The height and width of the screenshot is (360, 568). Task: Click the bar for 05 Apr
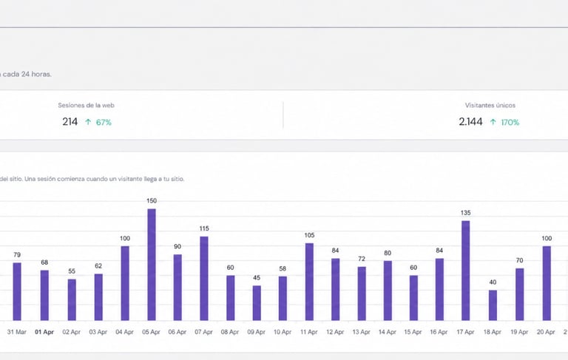[x=152, y=265]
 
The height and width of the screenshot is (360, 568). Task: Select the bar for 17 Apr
[x=466, y=271]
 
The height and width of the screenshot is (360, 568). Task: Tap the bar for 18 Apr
[x=493, y=305]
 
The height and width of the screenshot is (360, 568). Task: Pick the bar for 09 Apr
[x=257, y=302]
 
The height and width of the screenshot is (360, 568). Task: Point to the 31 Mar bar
[x=17, y=291]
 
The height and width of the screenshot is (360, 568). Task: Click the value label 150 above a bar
[x=152, y=201]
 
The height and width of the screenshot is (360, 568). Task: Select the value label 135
[x=466, y=213]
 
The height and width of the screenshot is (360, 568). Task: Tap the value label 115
[x=204, y=228]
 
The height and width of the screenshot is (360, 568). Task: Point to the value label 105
[x=309, y=236]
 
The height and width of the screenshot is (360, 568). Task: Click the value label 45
[x=257, y=278]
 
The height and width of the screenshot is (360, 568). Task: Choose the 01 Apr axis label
[x=44, y=333]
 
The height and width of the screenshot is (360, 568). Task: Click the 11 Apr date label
[x=309, y=333]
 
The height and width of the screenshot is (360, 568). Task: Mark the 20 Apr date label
[x=545, y=333]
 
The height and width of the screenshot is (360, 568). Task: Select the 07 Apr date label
[x=204, y=333]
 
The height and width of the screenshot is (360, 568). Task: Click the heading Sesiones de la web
[x=87, y=106]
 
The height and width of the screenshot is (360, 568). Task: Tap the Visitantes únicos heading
[x=490, y=106]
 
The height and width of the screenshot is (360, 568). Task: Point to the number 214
[x=70, y=122]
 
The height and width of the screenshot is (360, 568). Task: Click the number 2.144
[x=471, y=122]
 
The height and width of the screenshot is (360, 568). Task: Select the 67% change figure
[x=103, y=122]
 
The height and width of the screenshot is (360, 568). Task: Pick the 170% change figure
[x=510, y=122]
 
